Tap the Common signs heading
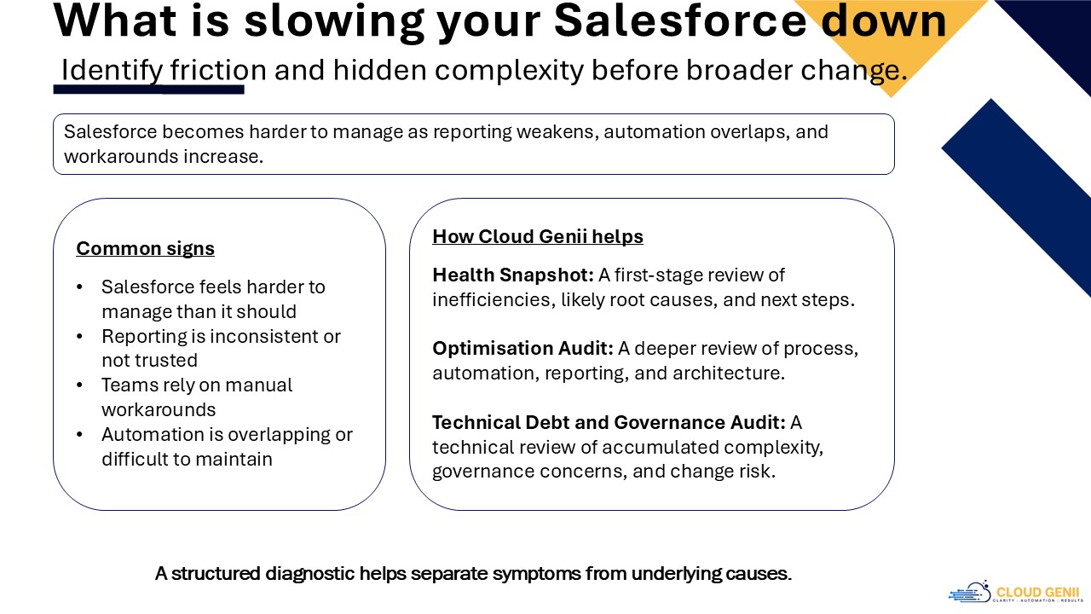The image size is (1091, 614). tap(145, 248)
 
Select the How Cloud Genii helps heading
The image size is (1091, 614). tap(538, 236)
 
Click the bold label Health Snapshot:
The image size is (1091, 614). tap(513, 275)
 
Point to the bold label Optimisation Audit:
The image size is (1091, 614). tap(522, 349)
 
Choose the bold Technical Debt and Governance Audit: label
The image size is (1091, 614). tap(609, 422)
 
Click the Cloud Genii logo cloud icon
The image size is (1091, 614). tap(969, 592)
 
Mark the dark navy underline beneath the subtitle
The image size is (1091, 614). tap(148, 90)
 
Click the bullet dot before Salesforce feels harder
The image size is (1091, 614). tap(80, 287)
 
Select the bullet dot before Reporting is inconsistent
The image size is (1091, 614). tap(80, 336)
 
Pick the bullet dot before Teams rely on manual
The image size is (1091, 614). tap(80, 385)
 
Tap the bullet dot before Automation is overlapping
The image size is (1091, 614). tap(80, 434)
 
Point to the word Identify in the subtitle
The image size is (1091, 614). tap(112, 70)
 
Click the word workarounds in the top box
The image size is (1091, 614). tap(121, 156)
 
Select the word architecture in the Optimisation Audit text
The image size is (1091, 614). tap(729, 374)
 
